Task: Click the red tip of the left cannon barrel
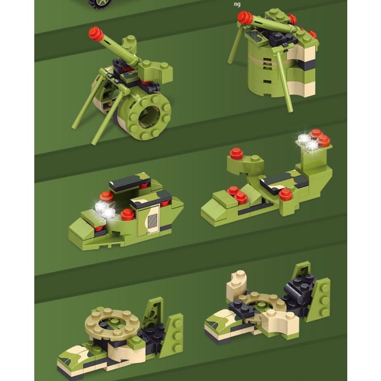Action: [x=95, y=34]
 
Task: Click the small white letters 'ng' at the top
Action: [x=237, y=4]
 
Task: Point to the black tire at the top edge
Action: [x=100, y=4]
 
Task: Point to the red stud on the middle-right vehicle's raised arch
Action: [x=236, y=153]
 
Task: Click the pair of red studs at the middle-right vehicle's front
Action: [x=237, y=194]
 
